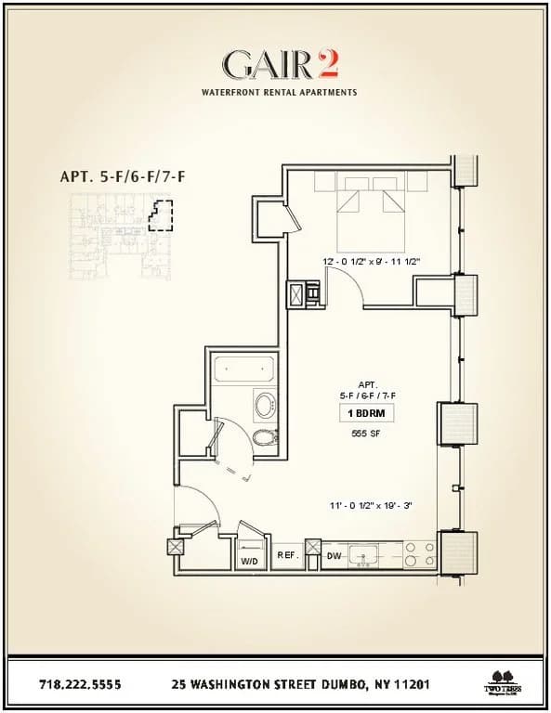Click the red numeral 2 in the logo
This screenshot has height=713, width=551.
coord(327,64)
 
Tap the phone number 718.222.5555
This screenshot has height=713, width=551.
coord(80,685)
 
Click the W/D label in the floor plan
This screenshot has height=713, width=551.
coord(249,561)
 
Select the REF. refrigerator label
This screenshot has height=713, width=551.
coord(287,555)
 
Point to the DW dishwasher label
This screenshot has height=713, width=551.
coord(334,556)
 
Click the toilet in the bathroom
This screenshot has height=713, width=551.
coord(265,437)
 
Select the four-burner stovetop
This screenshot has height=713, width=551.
coord(420,555)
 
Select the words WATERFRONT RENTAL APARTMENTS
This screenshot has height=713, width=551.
coord(279,93)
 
